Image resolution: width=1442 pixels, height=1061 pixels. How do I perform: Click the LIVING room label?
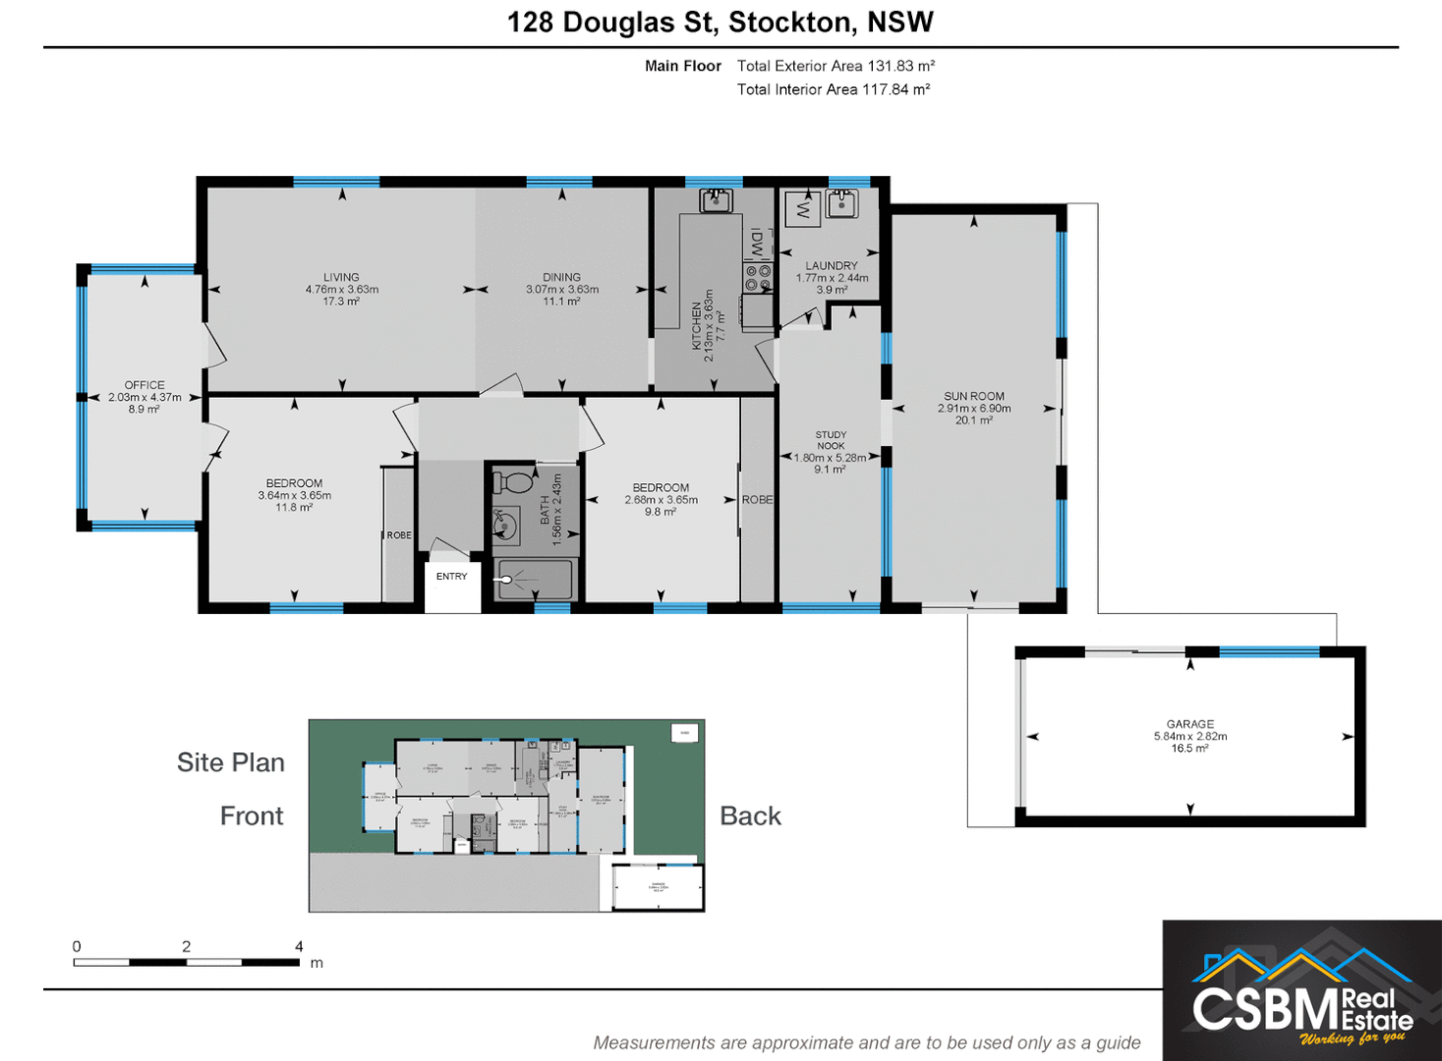341,278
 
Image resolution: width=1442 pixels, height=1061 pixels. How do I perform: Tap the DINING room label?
561,278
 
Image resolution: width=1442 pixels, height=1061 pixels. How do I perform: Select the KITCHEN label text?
697,325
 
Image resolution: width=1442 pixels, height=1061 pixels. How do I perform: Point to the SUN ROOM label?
974,397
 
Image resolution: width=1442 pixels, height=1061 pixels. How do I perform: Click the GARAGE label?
1189,724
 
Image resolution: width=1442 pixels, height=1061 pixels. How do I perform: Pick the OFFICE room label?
144,385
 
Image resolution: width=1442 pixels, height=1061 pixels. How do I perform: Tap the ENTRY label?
452,577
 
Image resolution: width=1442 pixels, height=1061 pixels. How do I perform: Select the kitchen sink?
716,201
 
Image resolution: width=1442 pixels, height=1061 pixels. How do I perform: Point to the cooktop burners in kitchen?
757,278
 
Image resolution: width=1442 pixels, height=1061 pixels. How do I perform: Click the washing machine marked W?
804,208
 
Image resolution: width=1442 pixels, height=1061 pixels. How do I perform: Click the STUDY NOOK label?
831,440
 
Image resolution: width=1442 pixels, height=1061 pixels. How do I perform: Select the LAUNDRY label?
831,266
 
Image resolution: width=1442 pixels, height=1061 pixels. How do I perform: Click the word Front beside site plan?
252,816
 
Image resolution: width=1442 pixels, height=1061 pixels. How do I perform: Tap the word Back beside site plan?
750,816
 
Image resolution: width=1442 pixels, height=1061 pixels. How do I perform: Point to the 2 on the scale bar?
186,947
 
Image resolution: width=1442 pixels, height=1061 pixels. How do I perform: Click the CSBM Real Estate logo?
1301,992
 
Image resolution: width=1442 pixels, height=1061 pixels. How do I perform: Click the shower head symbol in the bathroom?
507,580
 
